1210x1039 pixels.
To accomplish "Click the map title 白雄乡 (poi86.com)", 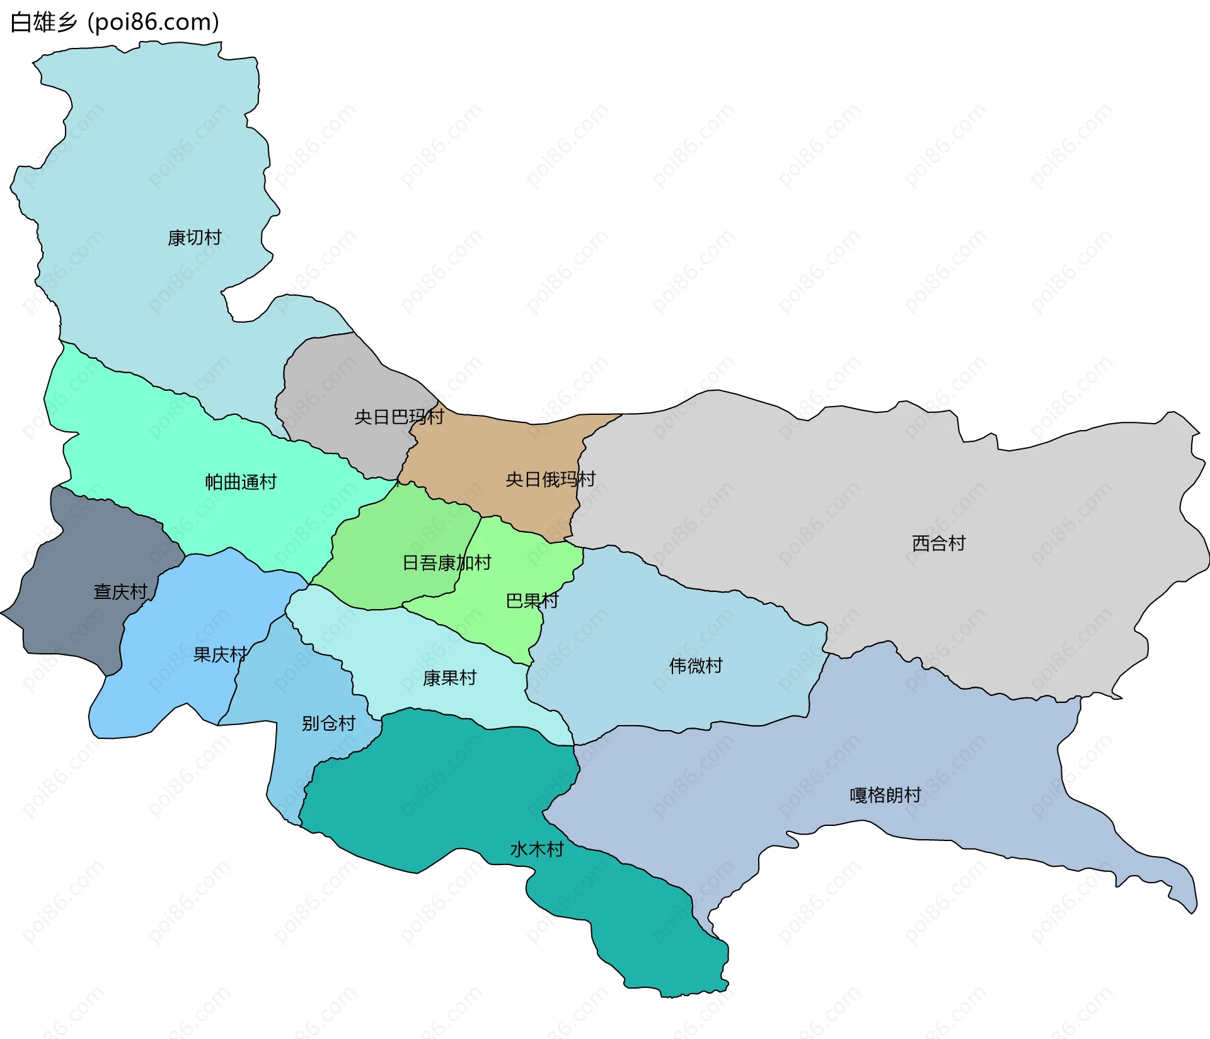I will point(115,22).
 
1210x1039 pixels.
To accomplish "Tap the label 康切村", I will point(194,238).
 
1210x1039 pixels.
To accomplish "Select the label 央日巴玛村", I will point(399,417).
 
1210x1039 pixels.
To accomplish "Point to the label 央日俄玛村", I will point(550,479).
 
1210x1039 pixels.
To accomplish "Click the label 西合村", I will point(938,543).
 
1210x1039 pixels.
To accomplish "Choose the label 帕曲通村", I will point(241,482).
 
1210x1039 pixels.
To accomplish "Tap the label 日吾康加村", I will point(447,562).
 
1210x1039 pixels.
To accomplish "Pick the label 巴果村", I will point(533,600).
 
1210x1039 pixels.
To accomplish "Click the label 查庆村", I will point(120,591).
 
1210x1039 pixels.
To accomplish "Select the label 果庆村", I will point(220,654).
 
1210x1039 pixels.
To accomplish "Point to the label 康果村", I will point(449,678).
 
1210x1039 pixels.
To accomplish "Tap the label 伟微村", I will point(696,665).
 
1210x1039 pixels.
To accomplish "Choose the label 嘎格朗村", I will point(885,794).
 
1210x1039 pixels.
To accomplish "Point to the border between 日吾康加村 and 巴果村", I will point(470,549).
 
